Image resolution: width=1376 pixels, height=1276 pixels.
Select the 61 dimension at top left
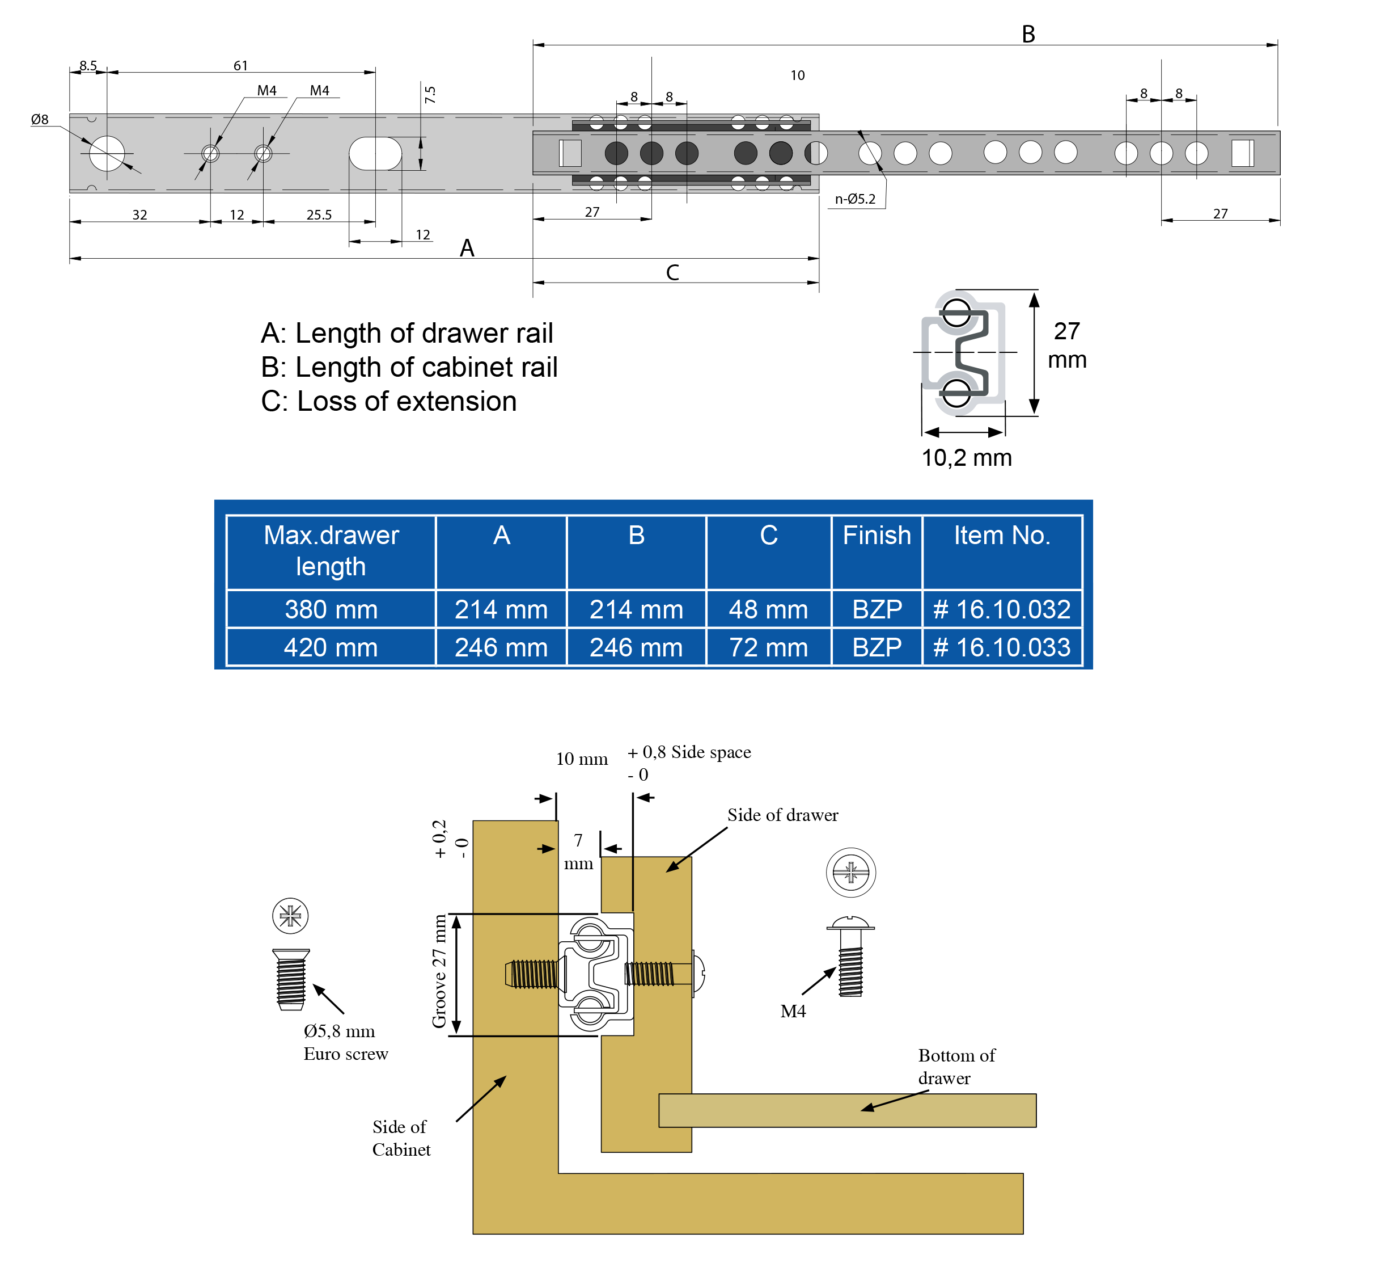240,66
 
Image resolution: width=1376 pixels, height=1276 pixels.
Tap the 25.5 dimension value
319,214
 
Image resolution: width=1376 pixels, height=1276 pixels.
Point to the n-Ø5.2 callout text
855,199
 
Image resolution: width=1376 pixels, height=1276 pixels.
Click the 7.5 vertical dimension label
430,95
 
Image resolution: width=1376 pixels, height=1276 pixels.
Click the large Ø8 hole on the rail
107,153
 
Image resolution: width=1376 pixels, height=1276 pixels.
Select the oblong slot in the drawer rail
375,153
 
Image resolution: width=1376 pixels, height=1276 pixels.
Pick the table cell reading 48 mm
768,610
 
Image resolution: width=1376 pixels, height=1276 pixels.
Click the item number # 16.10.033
1001,648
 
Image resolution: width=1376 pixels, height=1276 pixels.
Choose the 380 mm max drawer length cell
331,610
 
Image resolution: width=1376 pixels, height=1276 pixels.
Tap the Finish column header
877,536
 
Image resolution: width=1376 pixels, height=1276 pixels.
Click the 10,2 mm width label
966,458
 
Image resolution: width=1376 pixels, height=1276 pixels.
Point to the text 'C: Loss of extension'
388,401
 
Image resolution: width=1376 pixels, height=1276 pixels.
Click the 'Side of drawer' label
782,815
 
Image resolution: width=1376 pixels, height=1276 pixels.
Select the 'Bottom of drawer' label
956,1067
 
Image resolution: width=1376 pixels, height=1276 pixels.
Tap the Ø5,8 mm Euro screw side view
290,979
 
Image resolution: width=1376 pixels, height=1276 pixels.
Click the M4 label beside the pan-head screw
793,1012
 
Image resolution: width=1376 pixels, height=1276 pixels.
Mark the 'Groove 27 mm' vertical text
439,971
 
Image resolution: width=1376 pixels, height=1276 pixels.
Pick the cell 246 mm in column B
636,648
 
